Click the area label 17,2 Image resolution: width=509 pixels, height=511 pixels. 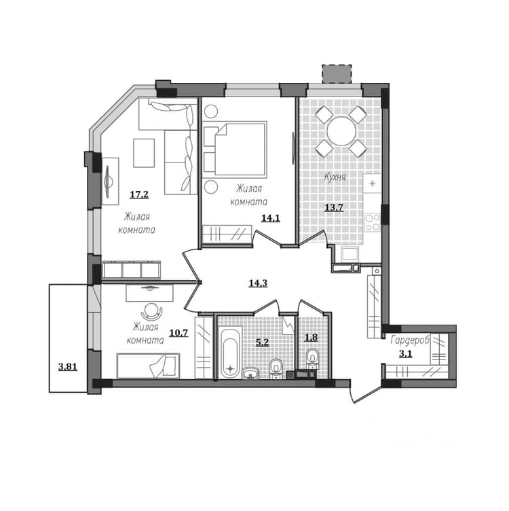[x=139, y=195]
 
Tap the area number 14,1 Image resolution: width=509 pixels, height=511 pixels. [x=271, y=218]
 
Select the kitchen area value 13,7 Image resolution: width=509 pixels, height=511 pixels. [x=334, y=207]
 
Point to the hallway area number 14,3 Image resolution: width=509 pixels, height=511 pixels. [x=258, y=283]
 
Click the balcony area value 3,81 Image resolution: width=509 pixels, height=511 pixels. [x=68, y=367]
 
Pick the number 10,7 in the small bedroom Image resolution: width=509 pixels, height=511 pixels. [x=178, y=333]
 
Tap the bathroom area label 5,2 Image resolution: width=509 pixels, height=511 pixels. [x=263, y=342]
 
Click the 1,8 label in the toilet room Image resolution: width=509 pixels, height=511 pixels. [x=311, y=337]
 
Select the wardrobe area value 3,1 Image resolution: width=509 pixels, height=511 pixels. [x=406, y=353]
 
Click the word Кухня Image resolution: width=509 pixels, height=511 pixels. [x=335, y=177]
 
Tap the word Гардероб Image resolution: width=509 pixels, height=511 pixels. [x=410, y=340]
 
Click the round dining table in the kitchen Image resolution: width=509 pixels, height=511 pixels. [x=341, y=131]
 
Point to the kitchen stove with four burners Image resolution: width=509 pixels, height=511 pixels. [x=373, y=222]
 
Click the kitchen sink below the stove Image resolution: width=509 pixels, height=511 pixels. [x=350, y=253]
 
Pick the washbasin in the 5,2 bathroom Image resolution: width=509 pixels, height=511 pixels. [x=250, y=373]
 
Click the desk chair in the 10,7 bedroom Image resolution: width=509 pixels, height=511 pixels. [x=151, y=312]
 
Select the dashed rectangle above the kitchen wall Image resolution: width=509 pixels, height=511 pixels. [x=337, y=74]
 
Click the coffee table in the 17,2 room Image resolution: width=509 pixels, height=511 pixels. [x=144, y=153]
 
